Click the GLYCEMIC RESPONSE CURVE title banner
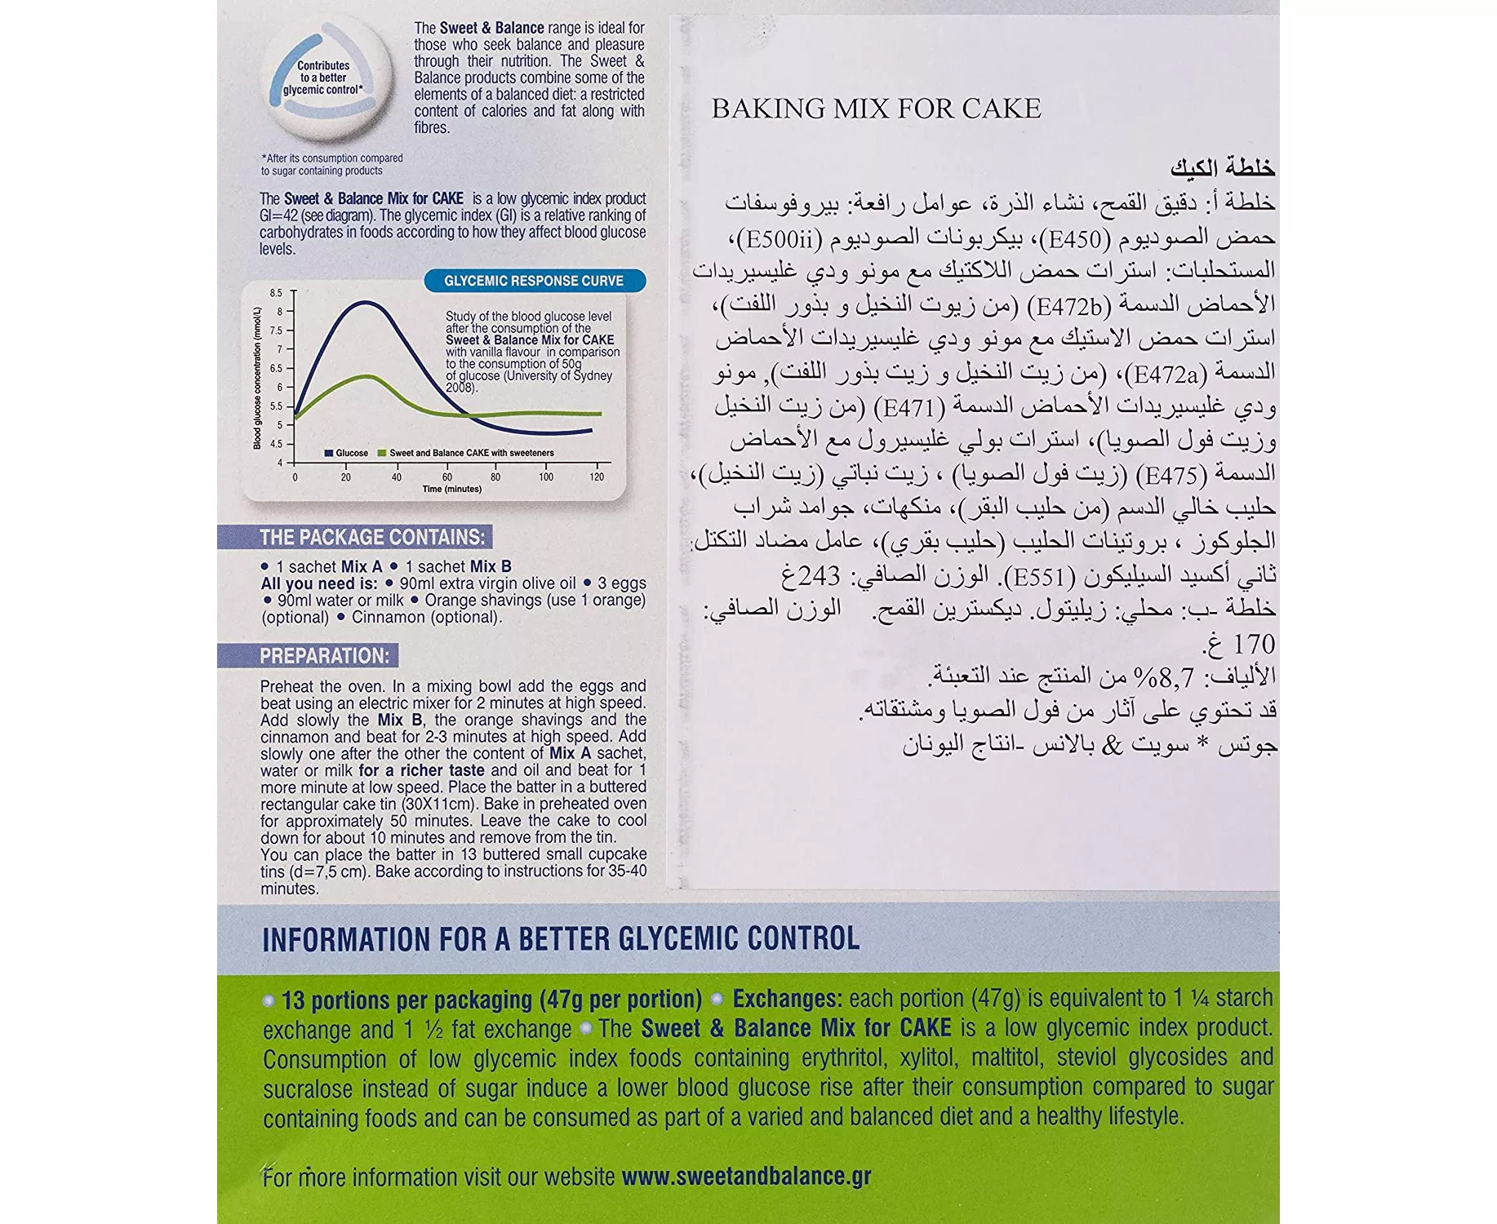534,281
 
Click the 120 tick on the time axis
597,477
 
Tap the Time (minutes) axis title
451,490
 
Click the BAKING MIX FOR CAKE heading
876,109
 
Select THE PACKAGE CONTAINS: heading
371,537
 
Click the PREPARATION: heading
324,656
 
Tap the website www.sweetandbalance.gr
746,1177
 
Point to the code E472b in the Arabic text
1068,306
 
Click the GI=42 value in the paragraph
278,215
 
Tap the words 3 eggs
621,583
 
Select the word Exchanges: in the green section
787,999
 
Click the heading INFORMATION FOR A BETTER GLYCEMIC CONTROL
560,939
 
